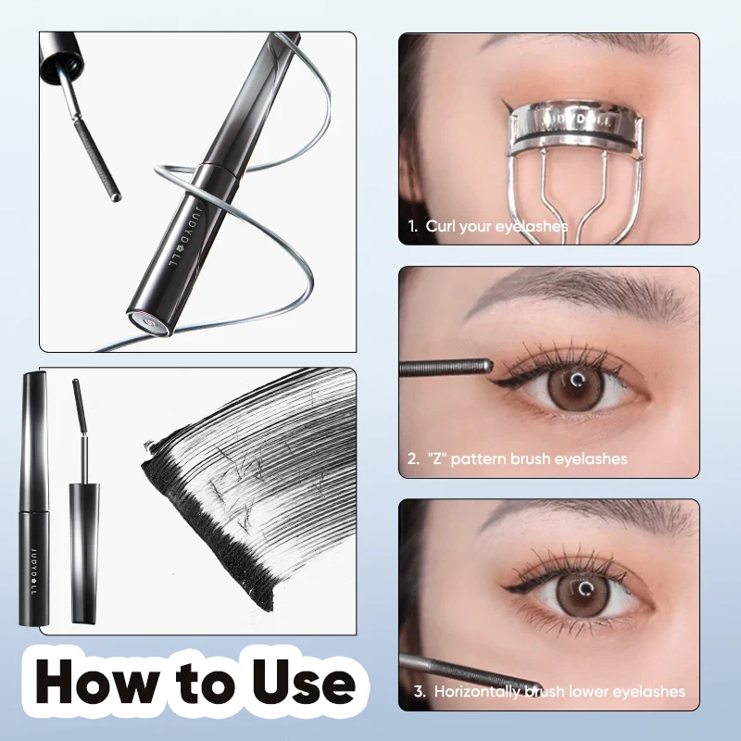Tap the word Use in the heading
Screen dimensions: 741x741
[x=295, y=683]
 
